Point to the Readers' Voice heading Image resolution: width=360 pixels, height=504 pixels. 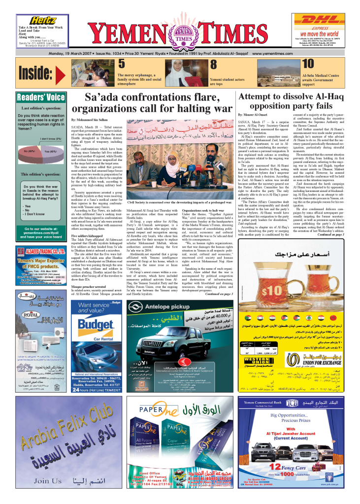point(41,97)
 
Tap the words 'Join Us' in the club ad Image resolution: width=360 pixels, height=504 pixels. point(49,481)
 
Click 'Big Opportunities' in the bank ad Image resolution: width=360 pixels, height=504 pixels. point(294,415)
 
